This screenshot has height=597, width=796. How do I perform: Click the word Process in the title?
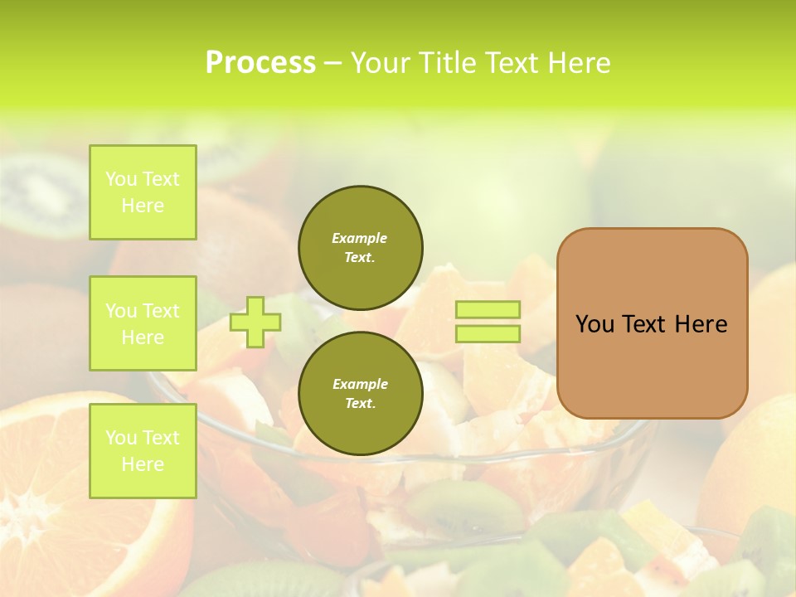[260, 63]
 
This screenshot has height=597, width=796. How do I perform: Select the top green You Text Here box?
[143, 192]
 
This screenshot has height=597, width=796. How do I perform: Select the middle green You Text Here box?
[143, 323]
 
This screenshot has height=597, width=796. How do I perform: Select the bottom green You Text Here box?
[143, 450]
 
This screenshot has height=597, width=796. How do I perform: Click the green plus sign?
[255, 322]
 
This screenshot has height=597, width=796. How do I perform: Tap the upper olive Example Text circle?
[360, 248]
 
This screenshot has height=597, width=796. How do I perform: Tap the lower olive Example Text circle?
[360, 394]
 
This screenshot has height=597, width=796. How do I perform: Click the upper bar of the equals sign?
[488, 309]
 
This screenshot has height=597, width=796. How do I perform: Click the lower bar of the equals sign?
[488, 334]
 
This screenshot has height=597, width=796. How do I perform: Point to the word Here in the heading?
[580, 63]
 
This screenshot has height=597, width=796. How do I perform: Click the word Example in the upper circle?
[360, 238]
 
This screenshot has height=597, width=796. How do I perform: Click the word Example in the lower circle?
[360, 384]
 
